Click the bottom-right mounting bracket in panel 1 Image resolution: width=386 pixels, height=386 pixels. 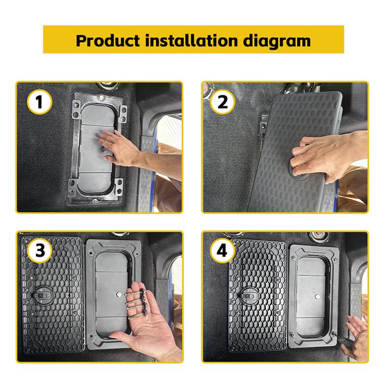click(x=118, y=186)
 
